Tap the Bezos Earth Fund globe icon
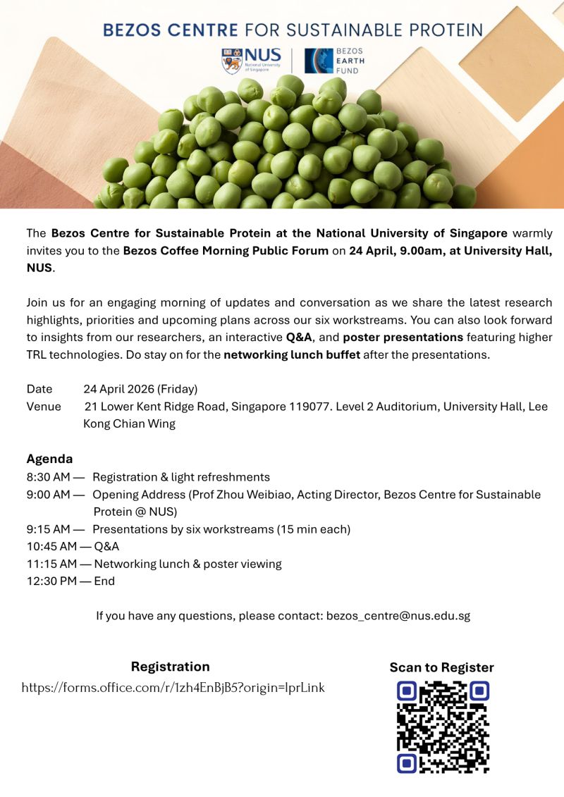coord(319,61)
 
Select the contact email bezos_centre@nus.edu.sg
coord(398,616)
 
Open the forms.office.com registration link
coord(173,688)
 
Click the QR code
coord(443,727)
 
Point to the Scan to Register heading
coord(442,667)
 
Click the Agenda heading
coord(49,459)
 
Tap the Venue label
coord(44,407)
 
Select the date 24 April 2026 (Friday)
coord(140,389)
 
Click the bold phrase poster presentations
coord(403,337)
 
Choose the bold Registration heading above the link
coord(170,667)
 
